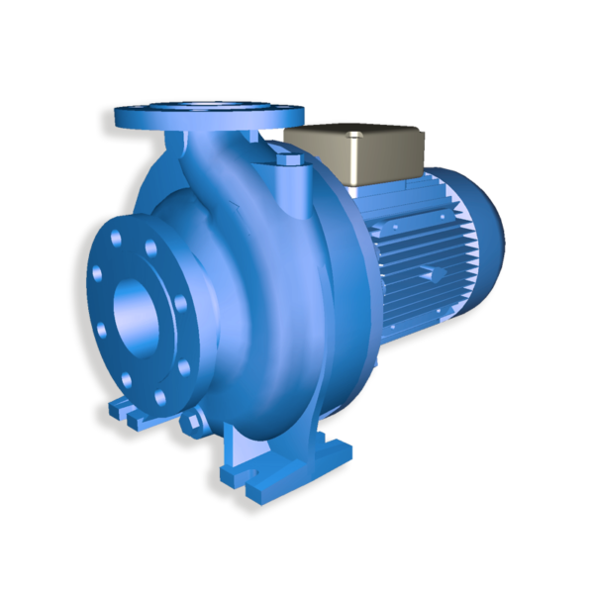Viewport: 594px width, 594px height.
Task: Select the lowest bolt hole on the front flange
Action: point(158,397)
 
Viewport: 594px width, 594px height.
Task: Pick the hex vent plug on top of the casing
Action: point(284,157)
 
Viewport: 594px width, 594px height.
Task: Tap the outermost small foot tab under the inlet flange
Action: point(108,409)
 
